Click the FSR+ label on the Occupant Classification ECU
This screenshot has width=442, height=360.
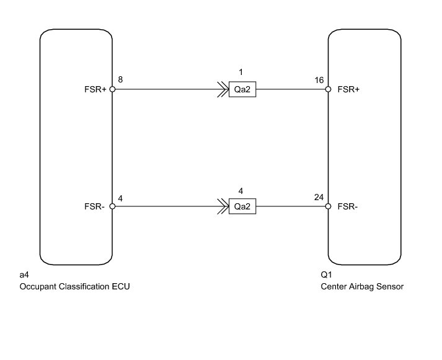(x=95, y=89)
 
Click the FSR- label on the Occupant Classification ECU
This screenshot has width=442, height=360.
(x=94, y=206)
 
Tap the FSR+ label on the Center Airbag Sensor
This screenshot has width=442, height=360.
(x=348, y=89)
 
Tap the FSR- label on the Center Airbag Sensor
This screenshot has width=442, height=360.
(x=348, y=206)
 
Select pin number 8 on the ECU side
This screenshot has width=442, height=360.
(x=120, y=80)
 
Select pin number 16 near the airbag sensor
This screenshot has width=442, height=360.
(x=319, y=81)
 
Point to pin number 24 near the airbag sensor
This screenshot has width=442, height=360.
(x=319, y=198)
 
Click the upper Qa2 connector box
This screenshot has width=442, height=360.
(x=242, y=89)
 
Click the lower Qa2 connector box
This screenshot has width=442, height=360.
(x=242, y=206)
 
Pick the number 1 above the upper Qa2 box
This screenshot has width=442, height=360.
(x=241, y=72)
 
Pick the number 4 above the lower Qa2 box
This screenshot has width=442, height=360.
(x=241, y=191)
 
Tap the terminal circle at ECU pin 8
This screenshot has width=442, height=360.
(x=112, y=89)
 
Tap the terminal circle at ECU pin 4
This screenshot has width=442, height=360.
(x=112, y=206)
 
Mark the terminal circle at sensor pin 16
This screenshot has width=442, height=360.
(x=328, y=89)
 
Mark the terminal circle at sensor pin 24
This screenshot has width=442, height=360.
(x=328, y=206)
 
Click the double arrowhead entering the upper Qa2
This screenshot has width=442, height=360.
(x=223, y=89)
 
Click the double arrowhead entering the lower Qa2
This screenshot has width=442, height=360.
(x=223, y=206)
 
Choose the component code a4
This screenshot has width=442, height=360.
(x=24, y=274)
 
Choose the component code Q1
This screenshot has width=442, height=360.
(x=326, y=274)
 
